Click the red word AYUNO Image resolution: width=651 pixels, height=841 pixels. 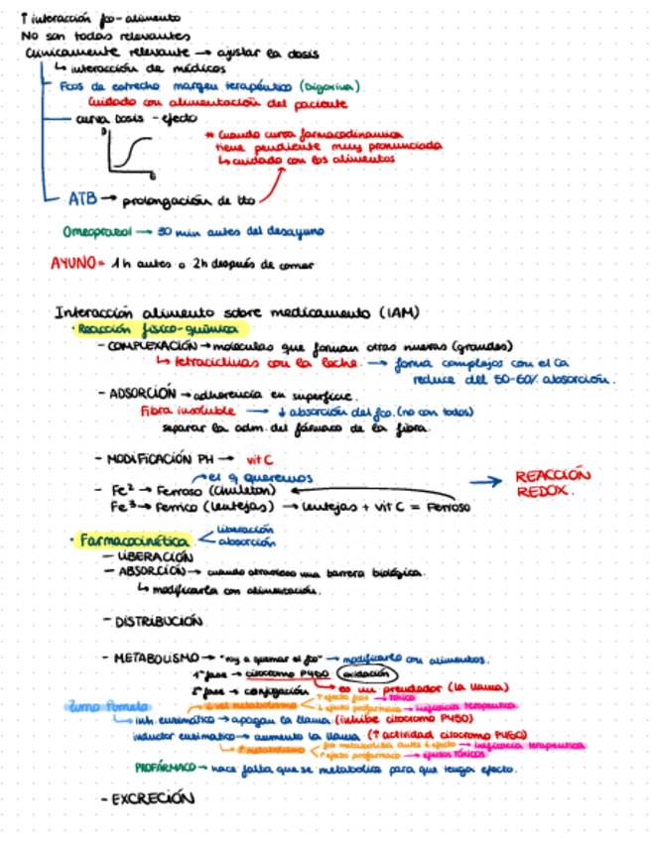(74, 265)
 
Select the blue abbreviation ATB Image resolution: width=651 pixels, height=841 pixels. (82, 198)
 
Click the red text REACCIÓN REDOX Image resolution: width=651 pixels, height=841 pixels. (552, 483)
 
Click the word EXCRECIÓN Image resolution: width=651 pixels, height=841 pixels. (148, 797)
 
